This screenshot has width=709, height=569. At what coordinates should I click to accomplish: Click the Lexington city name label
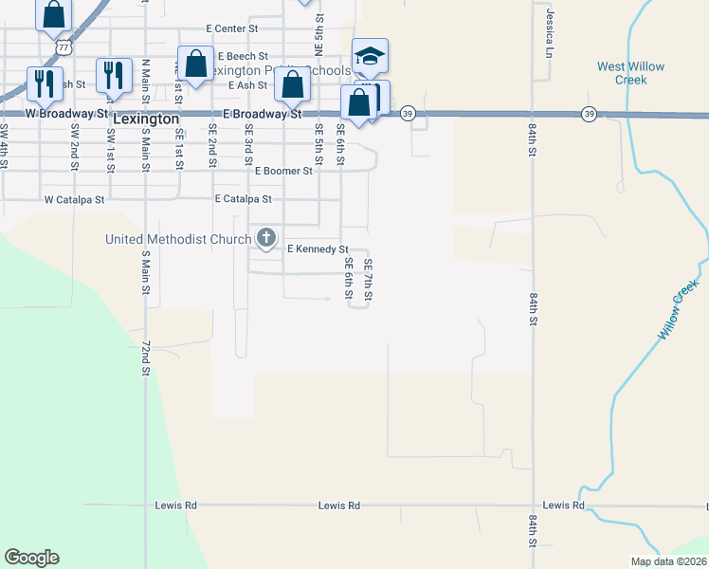point(146,119)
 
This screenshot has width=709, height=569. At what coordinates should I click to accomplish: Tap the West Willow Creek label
point(630,73)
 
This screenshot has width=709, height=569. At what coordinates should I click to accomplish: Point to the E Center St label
point(217,29)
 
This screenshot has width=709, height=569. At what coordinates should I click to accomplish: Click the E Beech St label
point(243,57)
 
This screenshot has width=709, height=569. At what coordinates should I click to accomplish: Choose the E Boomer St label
point(284,172)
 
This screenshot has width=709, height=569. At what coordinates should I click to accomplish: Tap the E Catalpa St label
point(243,200)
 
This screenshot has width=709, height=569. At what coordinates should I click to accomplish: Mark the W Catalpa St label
point(73,201)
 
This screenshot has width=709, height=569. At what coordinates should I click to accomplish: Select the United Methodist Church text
point(179,239)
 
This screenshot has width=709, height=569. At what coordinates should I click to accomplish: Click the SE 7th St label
point(368,282)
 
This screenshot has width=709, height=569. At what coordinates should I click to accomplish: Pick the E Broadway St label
point(262,114)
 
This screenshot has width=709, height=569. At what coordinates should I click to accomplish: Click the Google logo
point(31,558)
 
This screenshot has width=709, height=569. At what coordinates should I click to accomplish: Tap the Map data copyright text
point(669,561)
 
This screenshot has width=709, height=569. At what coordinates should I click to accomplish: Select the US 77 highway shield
point(62,45)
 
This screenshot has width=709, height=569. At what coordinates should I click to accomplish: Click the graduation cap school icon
point(370,55)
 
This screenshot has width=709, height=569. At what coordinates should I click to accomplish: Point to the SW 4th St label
point(5,146)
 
